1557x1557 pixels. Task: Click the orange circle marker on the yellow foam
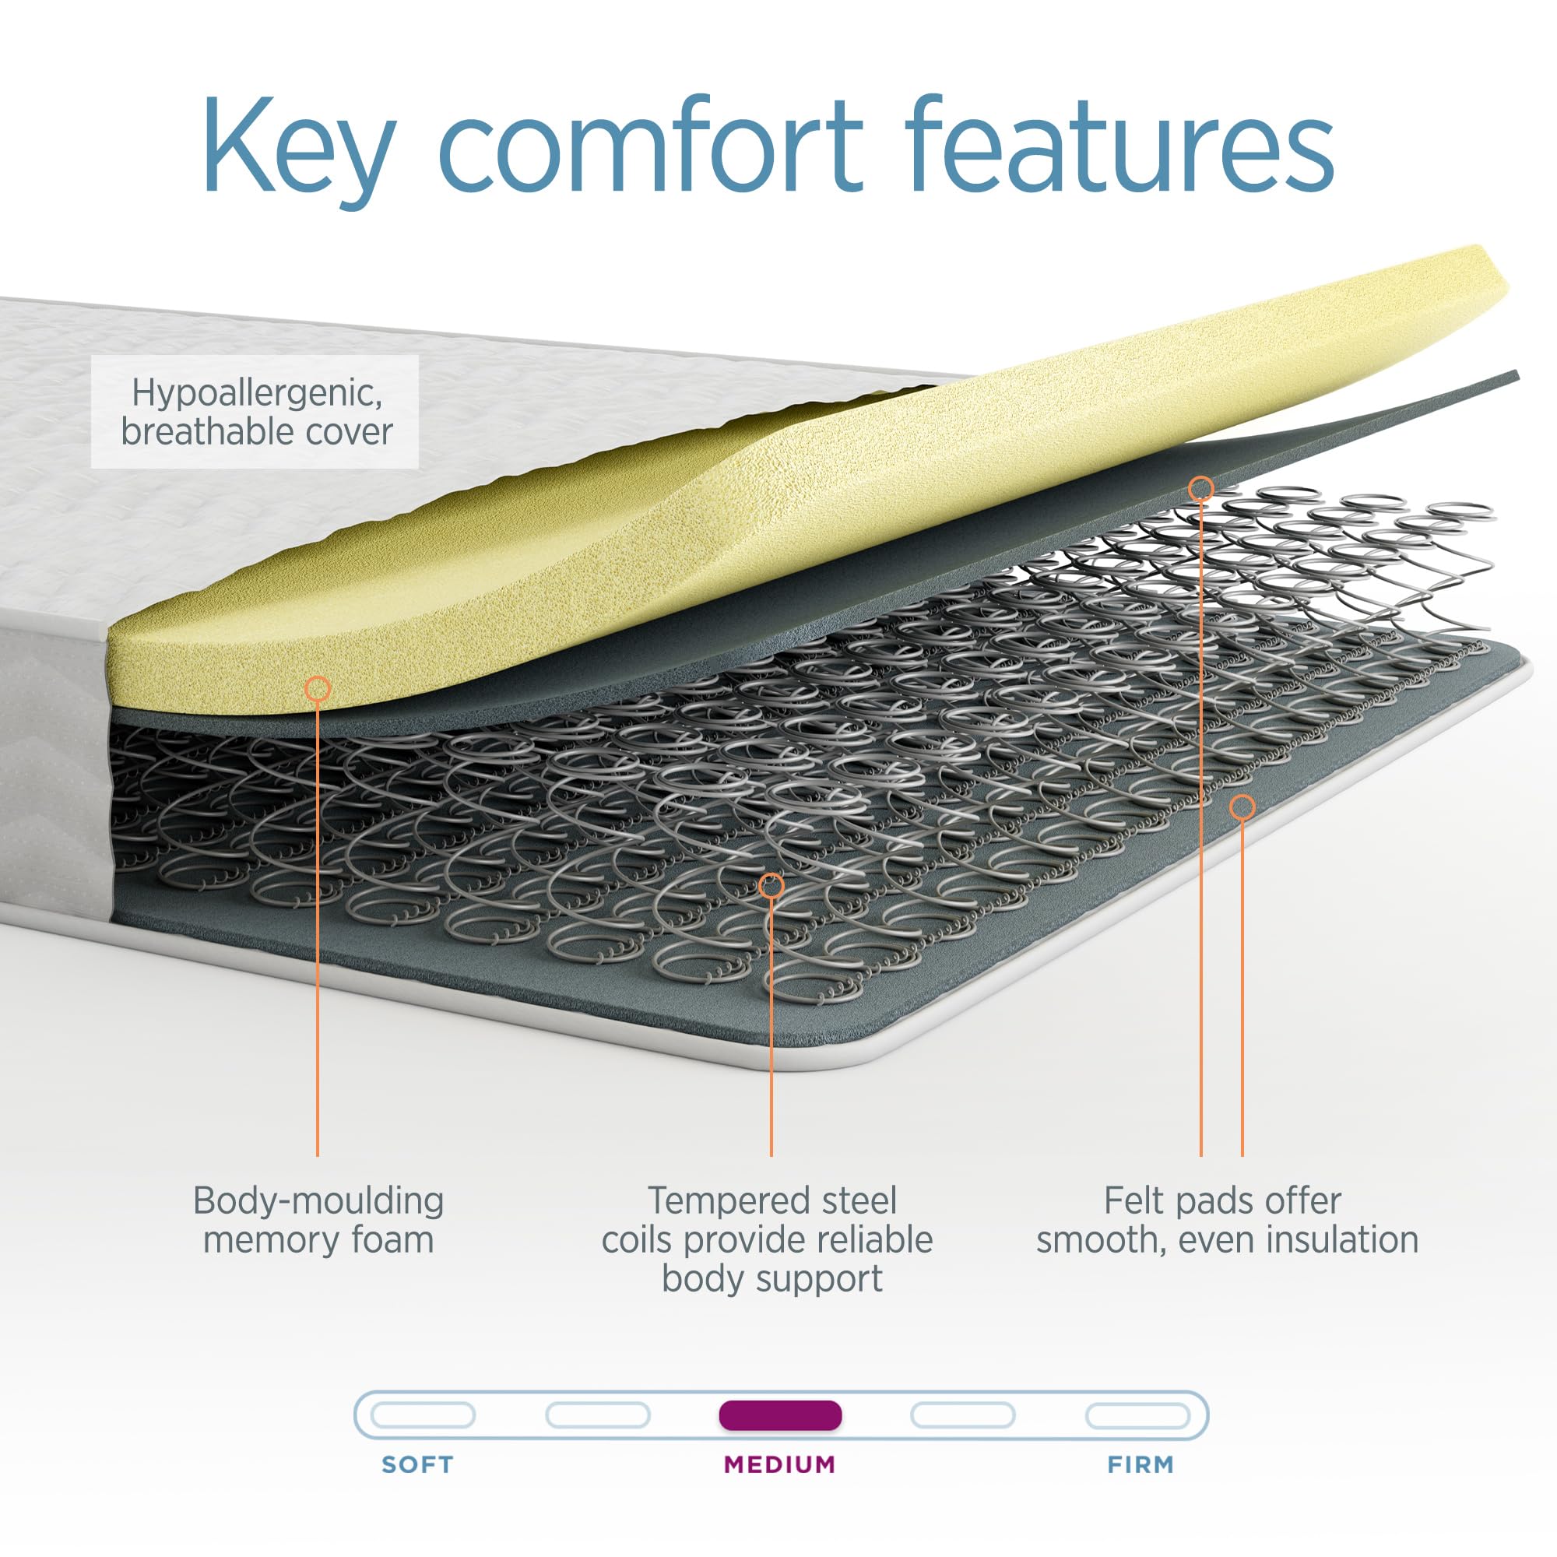[x=318, y=689]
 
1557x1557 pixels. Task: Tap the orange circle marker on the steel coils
[x=771, y=887]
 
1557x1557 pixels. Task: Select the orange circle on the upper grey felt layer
[x=1200, y=487]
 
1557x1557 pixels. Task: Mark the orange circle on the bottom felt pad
[x=1242, y=807]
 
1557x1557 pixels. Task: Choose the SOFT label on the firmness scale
[x=417, y=1464]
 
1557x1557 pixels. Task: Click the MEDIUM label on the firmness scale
[x=779, y=1464]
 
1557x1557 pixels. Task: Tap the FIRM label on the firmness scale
[x=1141, y=1464]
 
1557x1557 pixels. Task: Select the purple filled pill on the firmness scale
[x=780, y=1415]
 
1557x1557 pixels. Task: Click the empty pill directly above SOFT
[x=422, y=1415]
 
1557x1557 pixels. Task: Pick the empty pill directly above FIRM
[x=1137, y=1415]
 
